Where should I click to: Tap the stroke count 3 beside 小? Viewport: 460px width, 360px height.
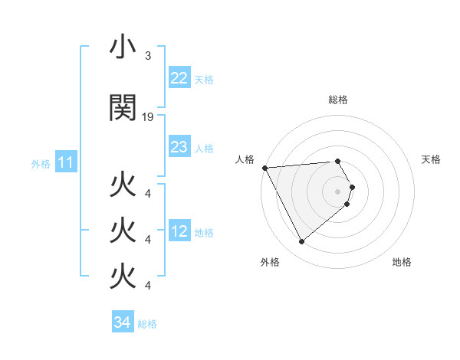[x=147, y=56]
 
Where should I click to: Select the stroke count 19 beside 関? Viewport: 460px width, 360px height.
[x=148, y=117]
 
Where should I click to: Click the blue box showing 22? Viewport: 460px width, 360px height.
[x=179, y=78]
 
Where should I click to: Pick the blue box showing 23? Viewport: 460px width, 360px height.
[x=179, y=147]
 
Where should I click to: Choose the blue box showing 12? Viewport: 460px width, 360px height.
[x=179, y=231]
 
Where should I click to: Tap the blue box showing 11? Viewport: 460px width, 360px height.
[x=65, y=162]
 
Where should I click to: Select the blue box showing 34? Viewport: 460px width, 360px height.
[x=122, y=322]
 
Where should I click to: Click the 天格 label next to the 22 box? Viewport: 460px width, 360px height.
[x=204, y=79]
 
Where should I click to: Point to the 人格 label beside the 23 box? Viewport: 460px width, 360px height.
[x=204, y=148]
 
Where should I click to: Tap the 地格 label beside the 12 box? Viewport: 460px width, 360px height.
[x=204, y=232]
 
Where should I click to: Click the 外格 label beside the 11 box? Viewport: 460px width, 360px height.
[x=41, y=163]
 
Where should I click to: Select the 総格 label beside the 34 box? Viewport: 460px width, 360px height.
[x=147, y=324]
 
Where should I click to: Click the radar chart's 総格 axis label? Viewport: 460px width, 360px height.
[x=338, y=100]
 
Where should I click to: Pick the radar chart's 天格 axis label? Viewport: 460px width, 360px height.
[x=431, y=159]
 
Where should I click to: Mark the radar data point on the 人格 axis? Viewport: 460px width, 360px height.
[x=264, y=168]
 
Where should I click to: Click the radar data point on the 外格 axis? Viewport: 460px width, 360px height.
[x=301, y=242]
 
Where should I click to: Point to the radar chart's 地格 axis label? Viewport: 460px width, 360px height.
[x=402, y=262]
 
